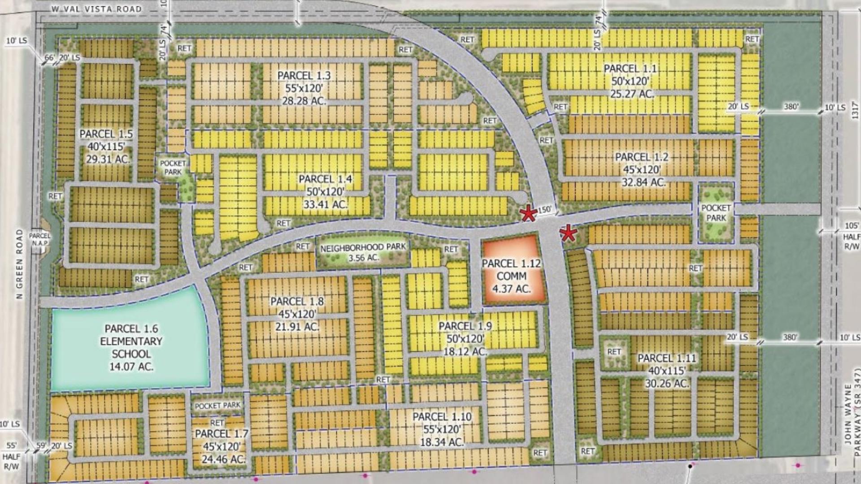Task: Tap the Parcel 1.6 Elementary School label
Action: (x=131, y=347)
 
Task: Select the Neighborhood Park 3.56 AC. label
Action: (x=363, y=252)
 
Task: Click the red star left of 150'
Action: (x=529, y=214)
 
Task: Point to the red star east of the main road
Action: (x=568, y=233)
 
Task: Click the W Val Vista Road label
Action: (x=96, y=9)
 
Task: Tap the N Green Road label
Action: (x=19, y=264)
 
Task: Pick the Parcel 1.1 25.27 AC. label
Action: (x=630, y=81)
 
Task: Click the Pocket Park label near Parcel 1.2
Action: (x=716, y=213)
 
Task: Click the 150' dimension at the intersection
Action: (x=544, y=209)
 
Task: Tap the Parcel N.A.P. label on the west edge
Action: (x=40, y=239)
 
